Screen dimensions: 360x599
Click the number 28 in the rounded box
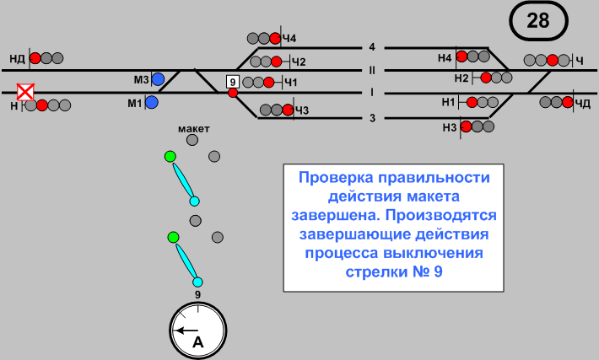(538, 20)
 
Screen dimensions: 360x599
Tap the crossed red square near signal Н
(27, 90)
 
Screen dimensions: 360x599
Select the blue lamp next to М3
(158, 79)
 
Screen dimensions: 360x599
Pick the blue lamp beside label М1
(152, 103)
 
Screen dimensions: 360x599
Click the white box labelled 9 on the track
(232, 81)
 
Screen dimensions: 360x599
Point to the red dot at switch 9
(233, 93)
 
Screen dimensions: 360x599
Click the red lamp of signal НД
(35, 58)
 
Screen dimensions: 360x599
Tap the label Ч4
(289, 39)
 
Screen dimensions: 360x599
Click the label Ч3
(301, 110)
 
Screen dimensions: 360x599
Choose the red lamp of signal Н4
(461, 56)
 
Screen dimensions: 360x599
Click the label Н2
(461, 78)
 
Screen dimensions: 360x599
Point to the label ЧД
(583, 103)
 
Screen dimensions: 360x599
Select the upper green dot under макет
(170, 156)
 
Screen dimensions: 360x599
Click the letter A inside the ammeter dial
(198, 341)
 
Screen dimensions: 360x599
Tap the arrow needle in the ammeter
(186, 330)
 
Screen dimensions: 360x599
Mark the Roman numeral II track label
(371, 69)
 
